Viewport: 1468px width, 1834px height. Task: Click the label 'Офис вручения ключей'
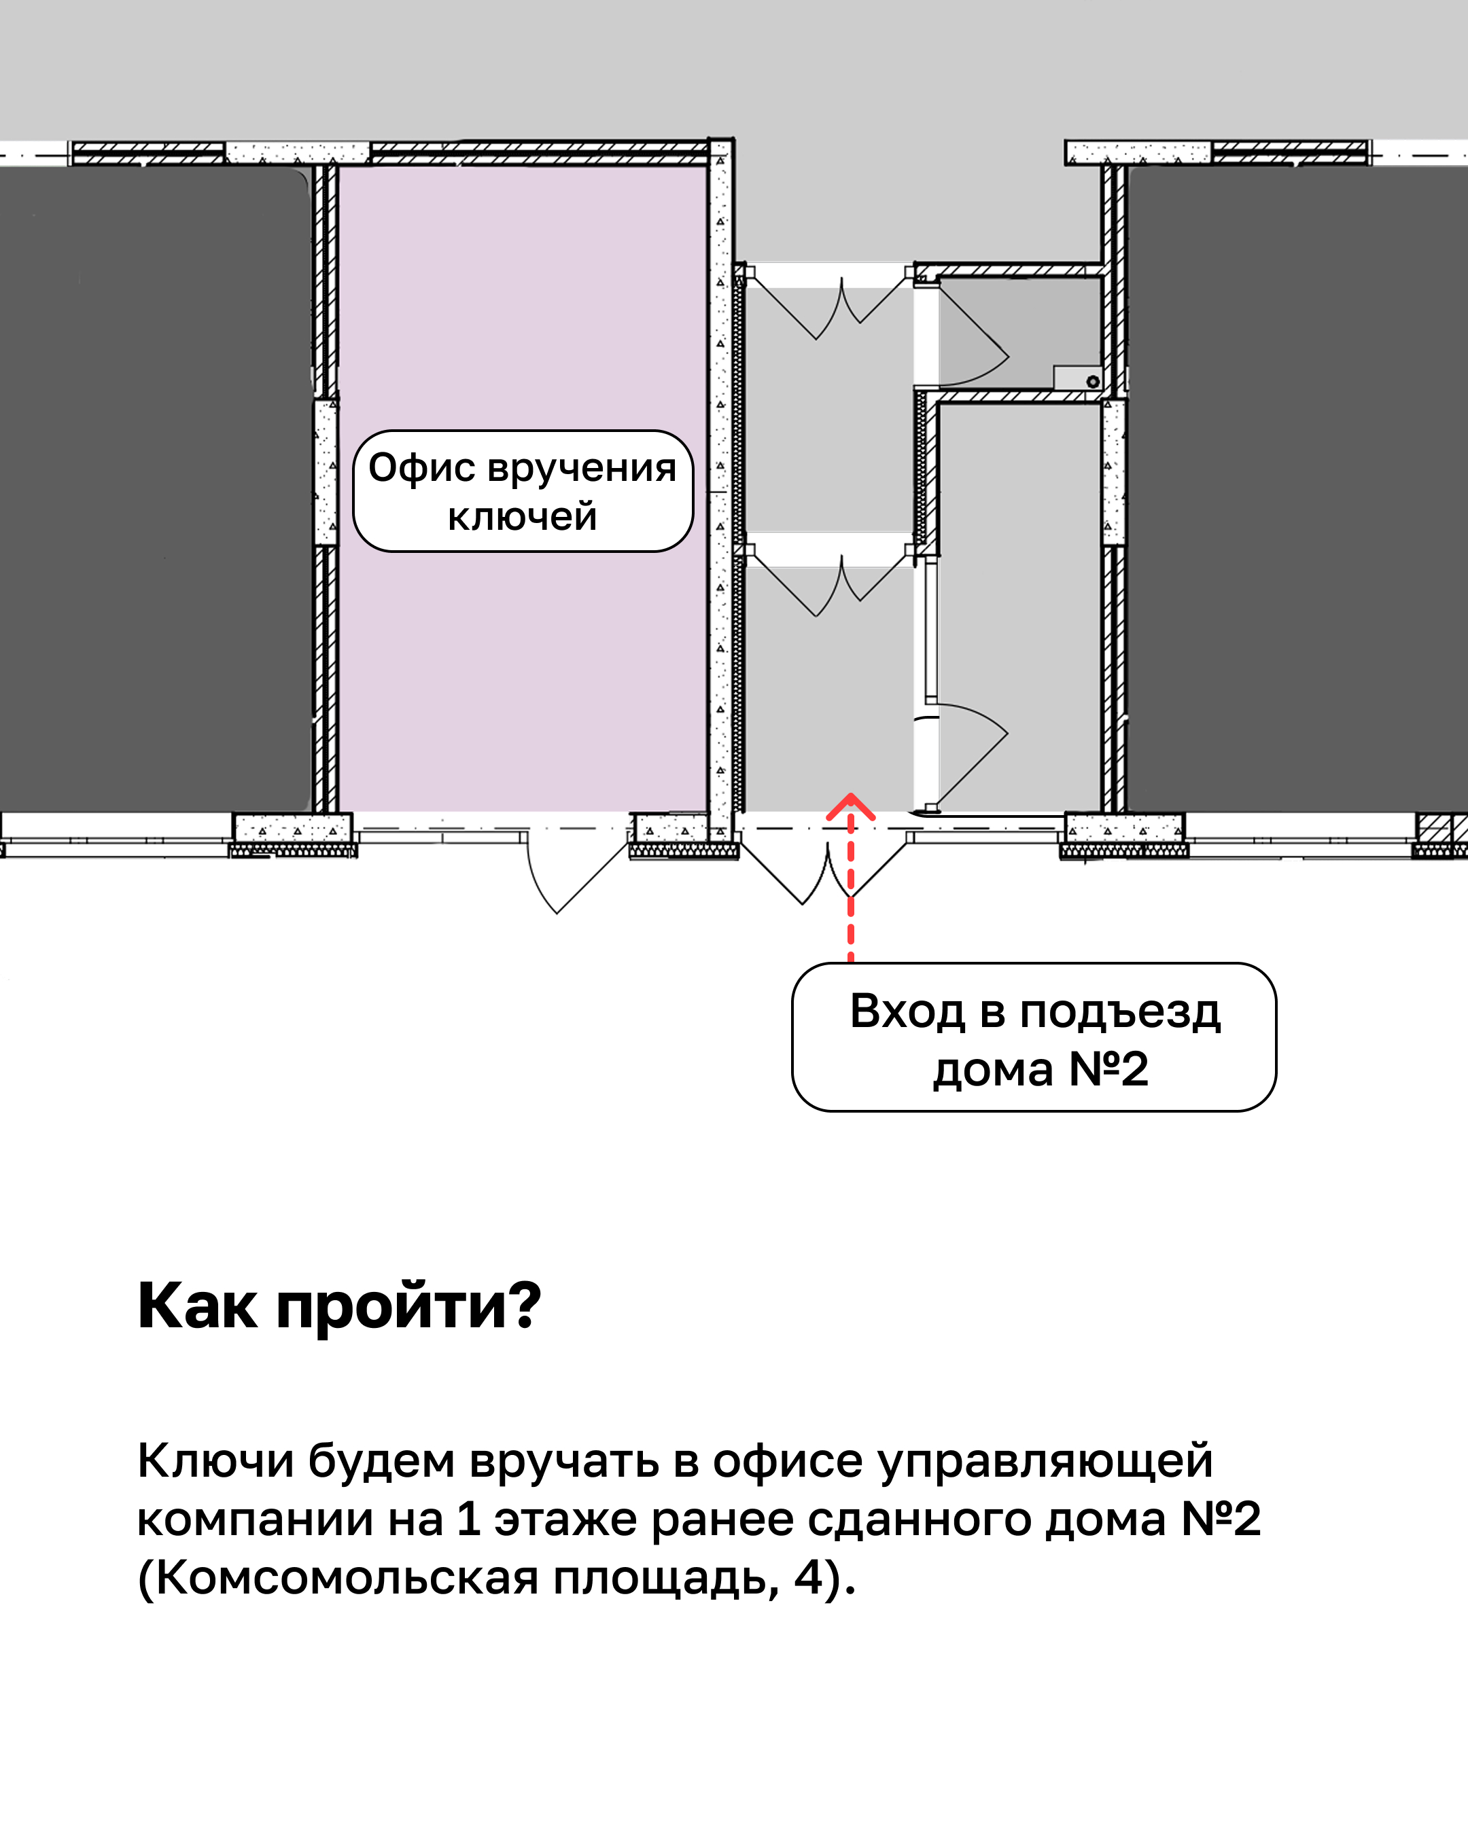pos(523,491)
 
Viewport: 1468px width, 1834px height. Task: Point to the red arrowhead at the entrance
pos(850,806)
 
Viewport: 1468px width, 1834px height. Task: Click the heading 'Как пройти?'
pos(338,1306)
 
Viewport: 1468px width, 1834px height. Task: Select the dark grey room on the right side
pos(1298,489)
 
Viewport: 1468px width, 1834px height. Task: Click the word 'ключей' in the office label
pos(523,516)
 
